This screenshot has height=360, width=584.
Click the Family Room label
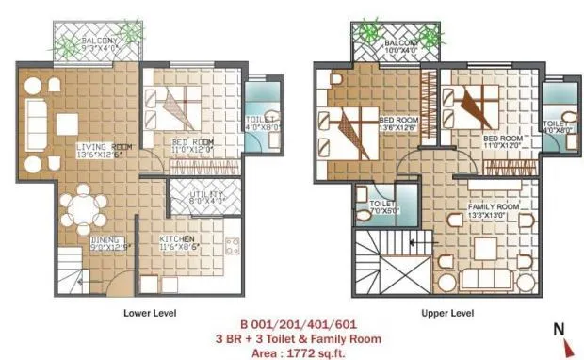coord(494,209)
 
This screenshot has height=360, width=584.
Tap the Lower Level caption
coord(150,312)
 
